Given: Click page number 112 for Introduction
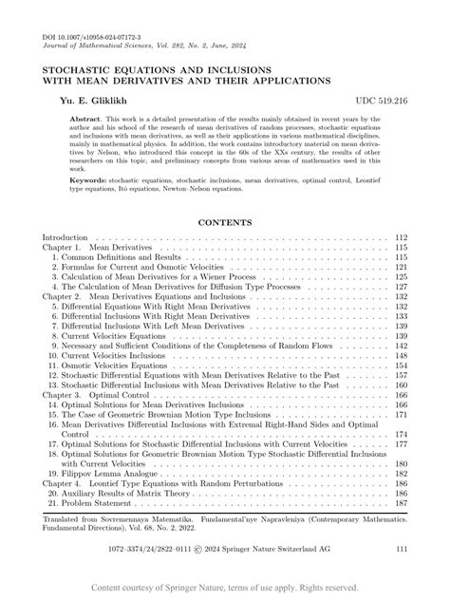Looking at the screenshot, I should pos(401,236).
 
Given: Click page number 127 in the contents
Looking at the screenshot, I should pos(401,287).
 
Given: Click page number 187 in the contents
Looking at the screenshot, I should pos(401,503).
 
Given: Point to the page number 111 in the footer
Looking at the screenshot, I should pos(401,549).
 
